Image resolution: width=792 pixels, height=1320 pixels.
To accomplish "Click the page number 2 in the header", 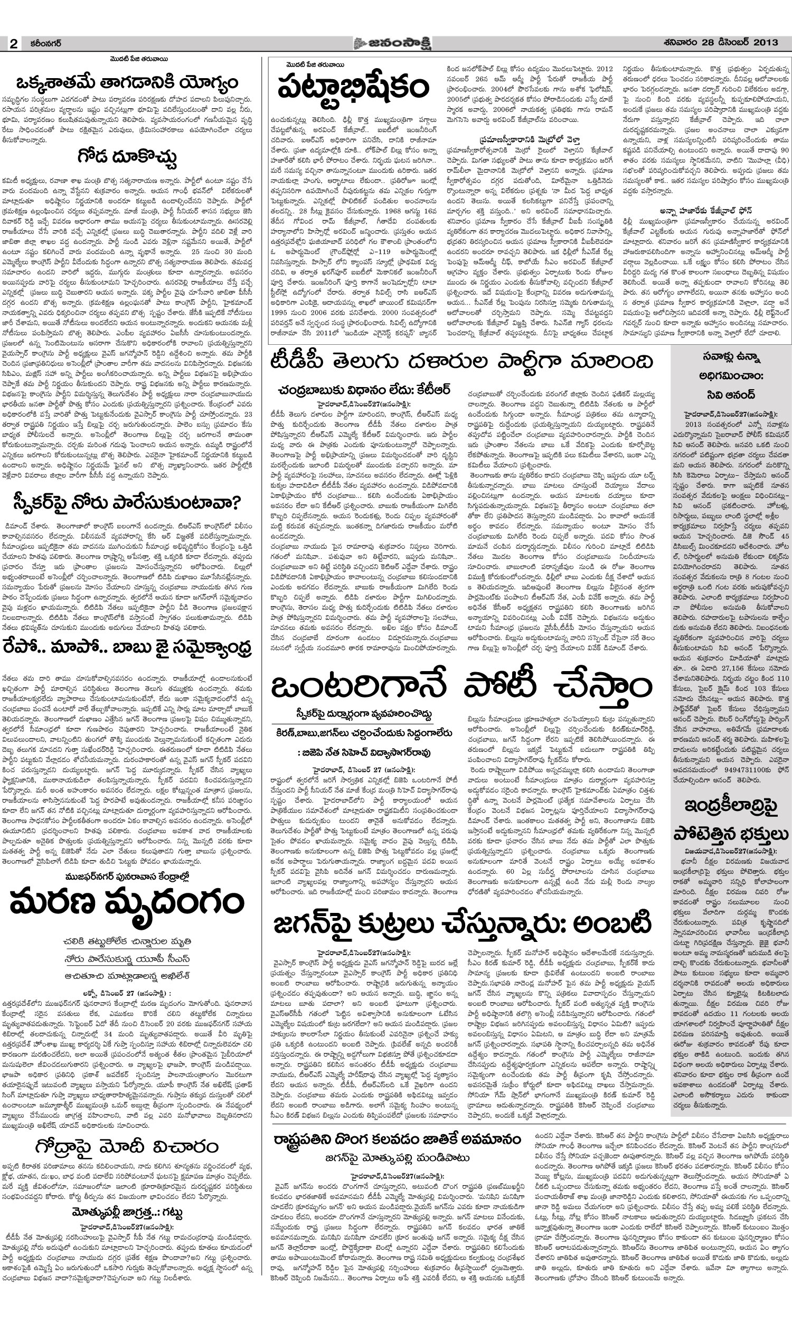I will point(13,44).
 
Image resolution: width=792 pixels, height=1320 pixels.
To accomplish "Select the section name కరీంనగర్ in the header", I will point(46,44).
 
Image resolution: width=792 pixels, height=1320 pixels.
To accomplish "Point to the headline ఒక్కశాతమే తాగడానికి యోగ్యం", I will point(127,83).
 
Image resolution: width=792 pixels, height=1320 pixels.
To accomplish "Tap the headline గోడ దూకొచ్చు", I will point(127,157).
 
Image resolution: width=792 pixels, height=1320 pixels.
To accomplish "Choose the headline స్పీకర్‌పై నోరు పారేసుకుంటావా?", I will point(127,502).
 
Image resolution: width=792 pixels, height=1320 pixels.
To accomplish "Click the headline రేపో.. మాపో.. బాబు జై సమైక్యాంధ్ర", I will point(127,648).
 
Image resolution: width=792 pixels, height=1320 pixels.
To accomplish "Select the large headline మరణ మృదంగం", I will point(127,902).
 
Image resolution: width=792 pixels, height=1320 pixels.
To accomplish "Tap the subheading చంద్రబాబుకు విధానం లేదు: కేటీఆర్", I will point(365,390).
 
